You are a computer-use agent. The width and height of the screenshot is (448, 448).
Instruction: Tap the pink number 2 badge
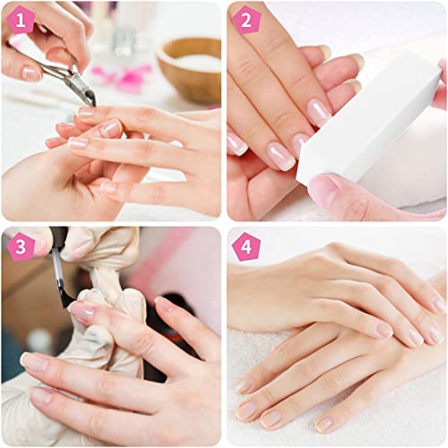click(x=245, y=20)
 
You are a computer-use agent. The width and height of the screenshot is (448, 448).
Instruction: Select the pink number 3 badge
click(x=20, y=245)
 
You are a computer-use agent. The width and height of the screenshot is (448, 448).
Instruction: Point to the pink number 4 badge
click(x=245, y=245)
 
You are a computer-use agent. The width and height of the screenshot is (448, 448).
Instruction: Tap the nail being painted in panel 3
click(x=82, y=311)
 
